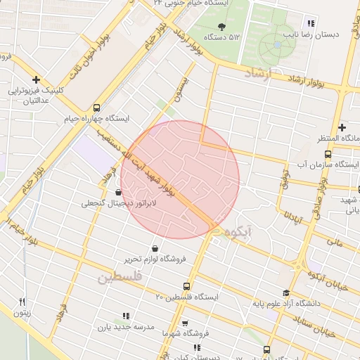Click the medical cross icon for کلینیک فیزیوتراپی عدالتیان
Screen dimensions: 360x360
point(36,79)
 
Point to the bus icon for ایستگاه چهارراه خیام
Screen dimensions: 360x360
point(96,108)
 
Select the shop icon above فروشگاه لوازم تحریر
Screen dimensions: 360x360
point(154,248)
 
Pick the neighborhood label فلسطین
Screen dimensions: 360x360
point(120,278)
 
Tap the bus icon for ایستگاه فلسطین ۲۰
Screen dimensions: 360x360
point(186,286)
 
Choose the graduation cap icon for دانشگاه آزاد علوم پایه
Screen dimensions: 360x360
point(285,293)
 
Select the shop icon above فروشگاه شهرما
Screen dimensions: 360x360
point(185,323)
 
